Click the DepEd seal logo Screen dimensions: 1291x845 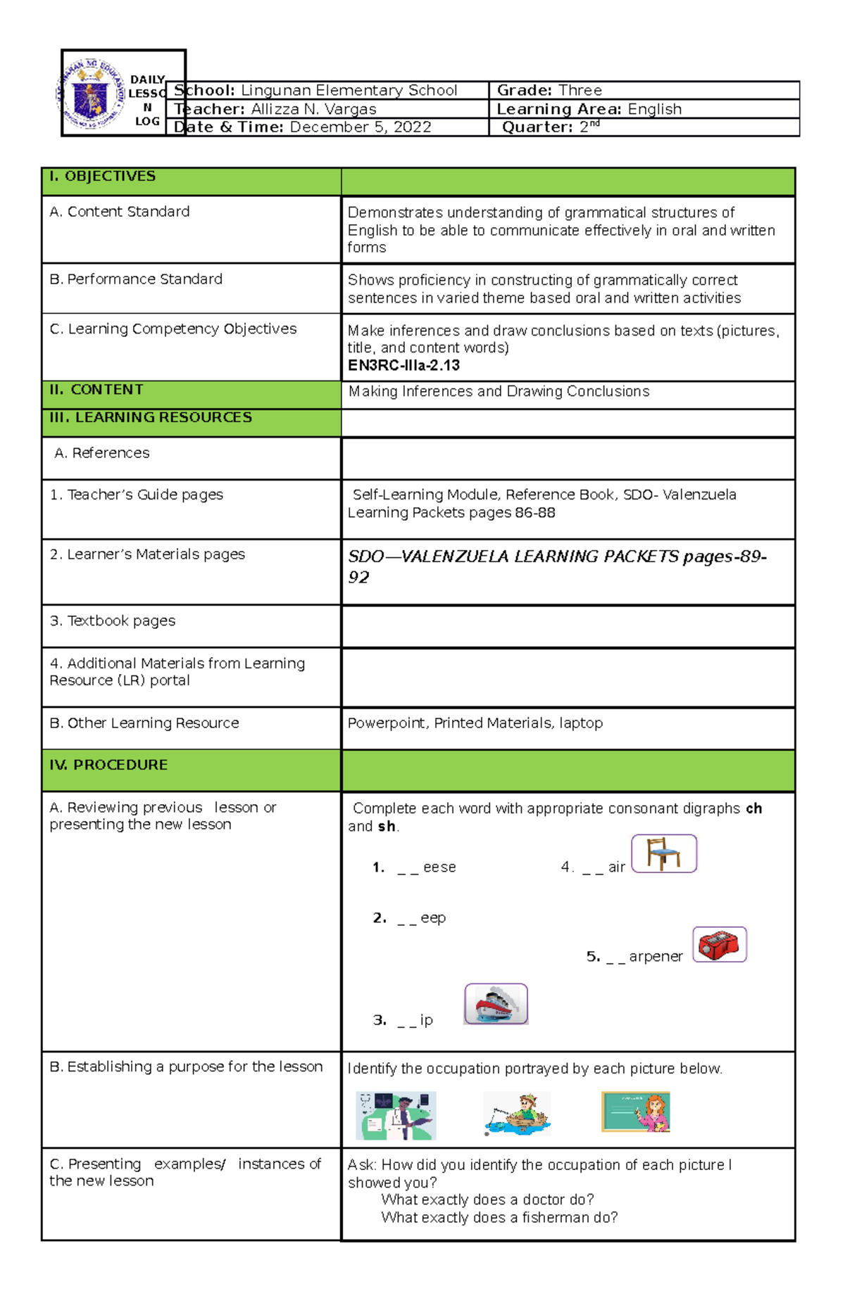pos(92,94)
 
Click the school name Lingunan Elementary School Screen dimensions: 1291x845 pos(349,90)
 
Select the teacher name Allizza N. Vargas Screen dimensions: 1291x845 pos(313,109)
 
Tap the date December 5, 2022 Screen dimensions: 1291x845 pos(361,127)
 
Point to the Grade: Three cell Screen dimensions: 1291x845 pos(549,90)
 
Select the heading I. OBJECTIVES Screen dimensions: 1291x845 pos(103,176)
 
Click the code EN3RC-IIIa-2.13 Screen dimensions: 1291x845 pos(403,365)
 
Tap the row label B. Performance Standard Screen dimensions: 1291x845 pos(136,279)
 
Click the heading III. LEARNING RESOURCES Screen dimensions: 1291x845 pos(151,417)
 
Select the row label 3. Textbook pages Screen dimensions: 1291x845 pos(113,621)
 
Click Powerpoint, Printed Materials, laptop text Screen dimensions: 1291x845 pos(475,723)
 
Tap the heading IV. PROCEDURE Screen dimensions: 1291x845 pos(108,765)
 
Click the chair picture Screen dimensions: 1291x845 pos(663,853)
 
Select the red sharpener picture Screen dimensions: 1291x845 pos(719,944)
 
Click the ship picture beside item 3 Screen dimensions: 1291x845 pos(496,1003)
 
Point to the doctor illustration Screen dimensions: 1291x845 pos(396,1115)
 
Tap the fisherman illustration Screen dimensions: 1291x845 pos(518,1114)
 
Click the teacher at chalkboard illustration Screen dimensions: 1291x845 pos(635,1112)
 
